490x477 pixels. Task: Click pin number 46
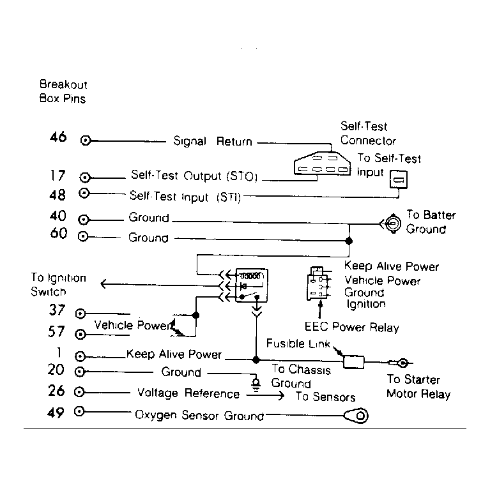58,137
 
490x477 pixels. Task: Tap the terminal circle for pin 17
85,178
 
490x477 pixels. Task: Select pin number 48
57,195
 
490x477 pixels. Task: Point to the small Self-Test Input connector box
399,179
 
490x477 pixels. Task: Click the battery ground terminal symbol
392,223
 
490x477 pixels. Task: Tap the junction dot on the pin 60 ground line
349,241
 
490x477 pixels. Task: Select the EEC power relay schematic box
251,285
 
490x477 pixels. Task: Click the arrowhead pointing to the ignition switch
103,284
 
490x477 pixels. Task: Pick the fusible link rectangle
354,362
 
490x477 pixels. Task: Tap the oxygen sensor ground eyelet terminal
356,416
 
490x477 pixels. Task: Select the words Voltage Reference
188,393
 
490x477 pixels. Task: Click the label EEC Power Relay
352,327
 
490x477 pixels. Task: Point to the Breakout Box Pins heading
63,91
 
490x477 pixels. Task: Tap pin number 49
56,413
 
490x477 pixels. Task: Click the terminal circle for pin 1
80,356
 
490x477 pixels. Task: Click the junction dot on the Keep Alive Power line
256,360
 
